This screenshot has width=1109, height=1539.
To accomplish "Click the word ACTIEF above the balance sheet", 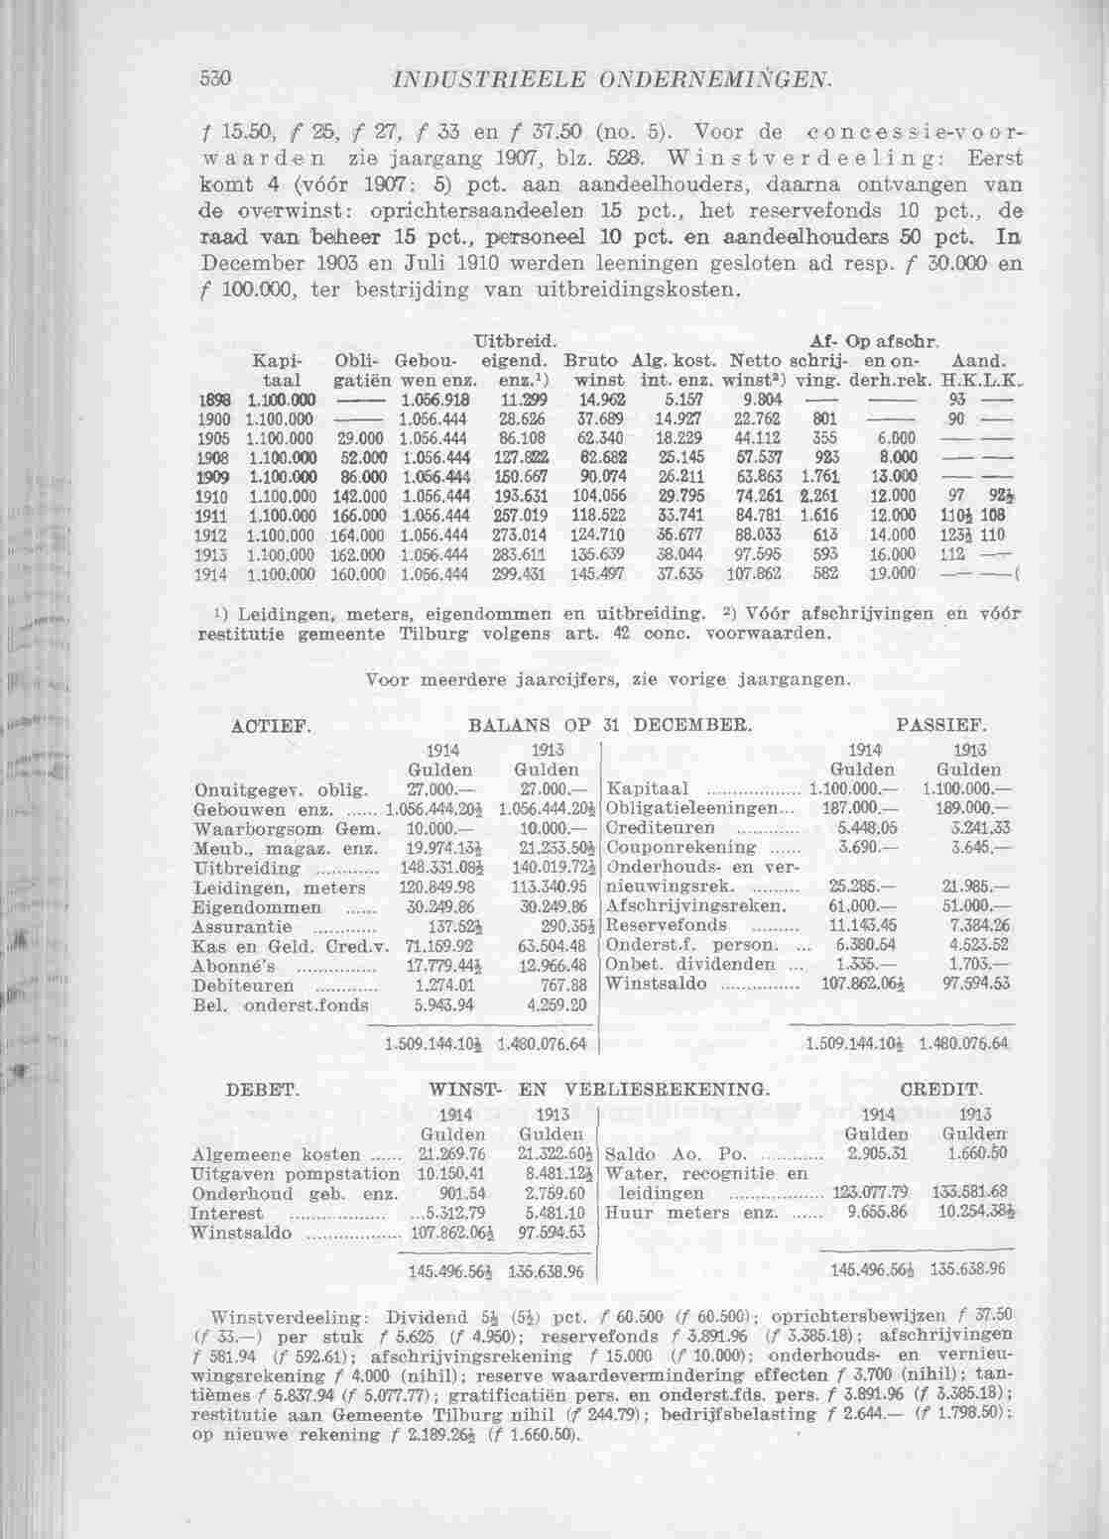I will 259,727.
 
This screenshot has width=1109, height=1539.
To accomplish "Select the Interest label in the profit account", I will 227,1213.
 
